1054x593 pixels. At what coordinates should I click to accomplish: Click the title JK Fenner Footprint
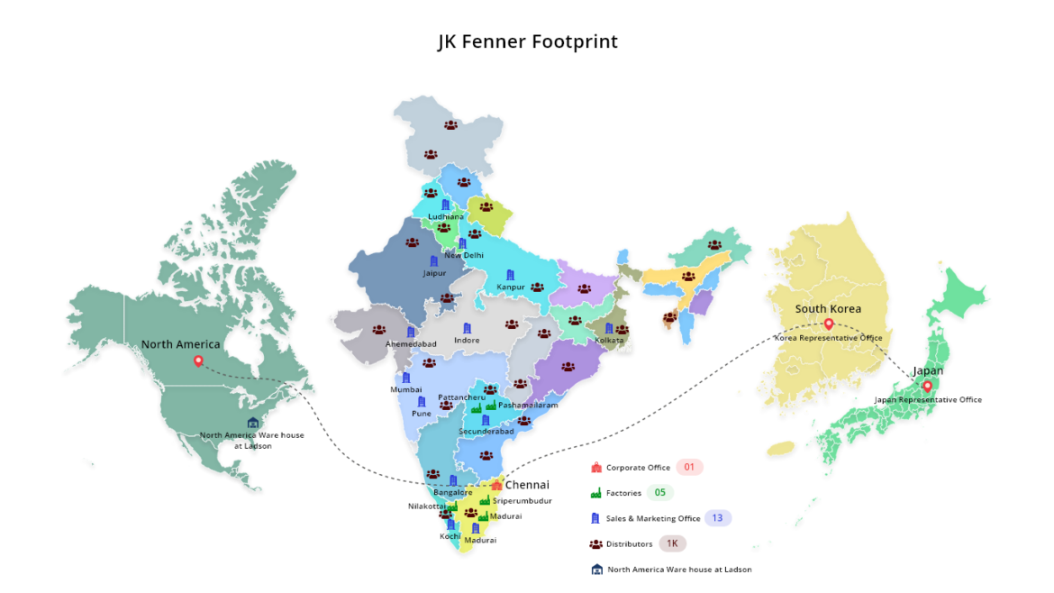[x=527, y=41]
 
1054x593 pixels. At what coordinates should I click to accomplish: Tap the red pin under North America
[x=198, y=361]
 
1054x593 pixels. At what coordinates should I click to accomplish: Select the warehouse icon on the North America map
[x=253, y=423]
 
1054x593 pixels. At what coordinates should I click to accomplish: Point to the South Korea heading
[x=828, y=308]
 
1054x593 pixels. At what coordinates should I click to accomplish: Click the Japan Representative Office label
[x=928, y=399]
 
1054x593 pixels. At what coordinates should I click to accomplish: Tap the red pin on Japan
[x=927, y=386]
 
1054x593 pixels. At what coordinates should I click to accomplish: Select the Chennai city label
[x=527, y=485]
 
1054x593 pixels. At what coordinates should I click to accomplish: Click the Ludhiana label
[x=446, y=216]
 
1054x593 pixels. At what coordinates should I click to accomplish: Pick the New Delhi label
[x=464, y=255]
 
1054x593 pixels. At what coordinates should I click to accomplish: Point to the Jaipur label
[x=434, y=273]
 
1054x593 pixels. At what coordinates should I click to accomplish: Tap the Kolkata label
[x=609, y=340]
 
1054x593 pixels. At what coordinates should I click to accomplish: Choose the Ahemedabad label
[x=411, y=344]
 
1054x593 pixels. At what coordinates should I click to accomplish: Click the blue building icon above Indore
[x=467, y=328]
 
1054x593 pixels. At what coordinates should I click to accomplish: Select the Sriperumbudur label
[x=522, y=500]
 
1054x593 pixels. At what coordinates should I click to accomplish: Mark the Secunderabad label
[x=486, y=431]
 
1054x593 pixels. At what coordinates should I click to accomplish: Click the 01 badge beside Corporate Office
[x=689, y=468]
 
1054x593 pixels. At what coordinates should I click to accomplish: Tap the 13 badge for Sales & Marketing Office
[x=717, y=518]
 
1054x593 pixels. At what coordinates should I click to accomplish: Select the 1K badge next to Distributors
[x=672, y=543]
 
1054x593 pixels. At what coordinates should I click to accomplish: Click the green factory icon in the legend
[x=595, y=493]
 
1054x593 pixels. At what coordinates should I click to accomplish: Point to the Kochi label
[x=450, y=536]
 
